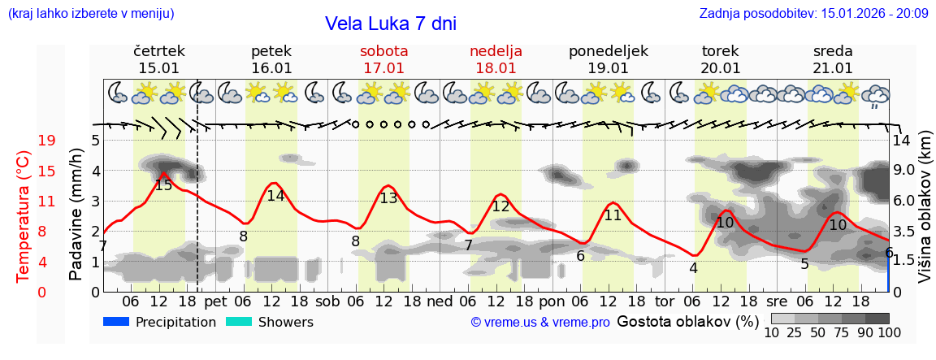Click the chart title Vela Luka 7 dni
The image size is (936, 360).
390,24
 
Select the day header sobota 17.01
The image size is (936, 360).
383,59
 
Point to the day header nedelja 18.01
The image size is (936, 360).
496,59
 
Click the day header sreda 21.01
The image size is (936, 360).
833,59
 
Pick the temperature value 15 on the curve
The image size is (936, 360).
163,185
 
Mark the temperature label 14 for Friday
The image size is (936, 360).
275,196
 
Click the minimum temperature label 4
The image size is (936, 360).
693,268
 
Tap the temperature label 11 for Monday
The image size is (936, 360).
613,215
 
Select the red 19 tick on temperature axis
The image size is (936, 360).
47,141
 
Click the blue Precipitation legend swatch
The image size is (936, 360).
116,322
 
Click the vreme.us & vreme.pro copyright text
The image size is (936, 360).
540,323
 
